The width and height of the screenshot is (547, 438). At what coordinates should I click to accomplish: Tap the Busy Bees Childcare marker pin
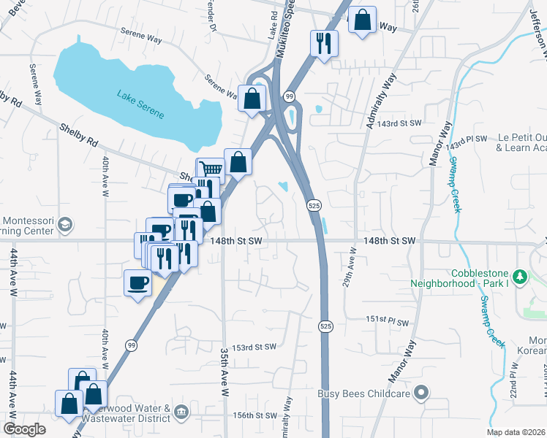tap(420, 393)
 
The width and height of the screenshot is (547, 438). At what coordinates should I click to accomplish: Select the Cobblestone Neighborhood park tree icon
tap(520, 277)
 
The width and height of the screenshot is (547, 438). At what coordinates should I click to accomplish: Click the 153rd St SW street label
tap(254, 347)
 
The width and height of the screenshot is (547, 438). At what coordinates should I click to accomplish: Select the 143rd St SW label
tap(404, 124)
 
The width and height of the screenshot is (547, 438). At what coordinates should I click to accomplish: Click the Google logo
tap(24, 429)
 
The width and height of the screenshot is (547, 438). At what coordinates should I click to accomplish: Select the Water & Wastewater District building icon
tap(181, 413)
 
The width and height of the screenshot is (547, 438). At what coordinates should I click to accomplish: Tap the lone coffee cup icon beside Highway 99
tap(138, 283)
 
